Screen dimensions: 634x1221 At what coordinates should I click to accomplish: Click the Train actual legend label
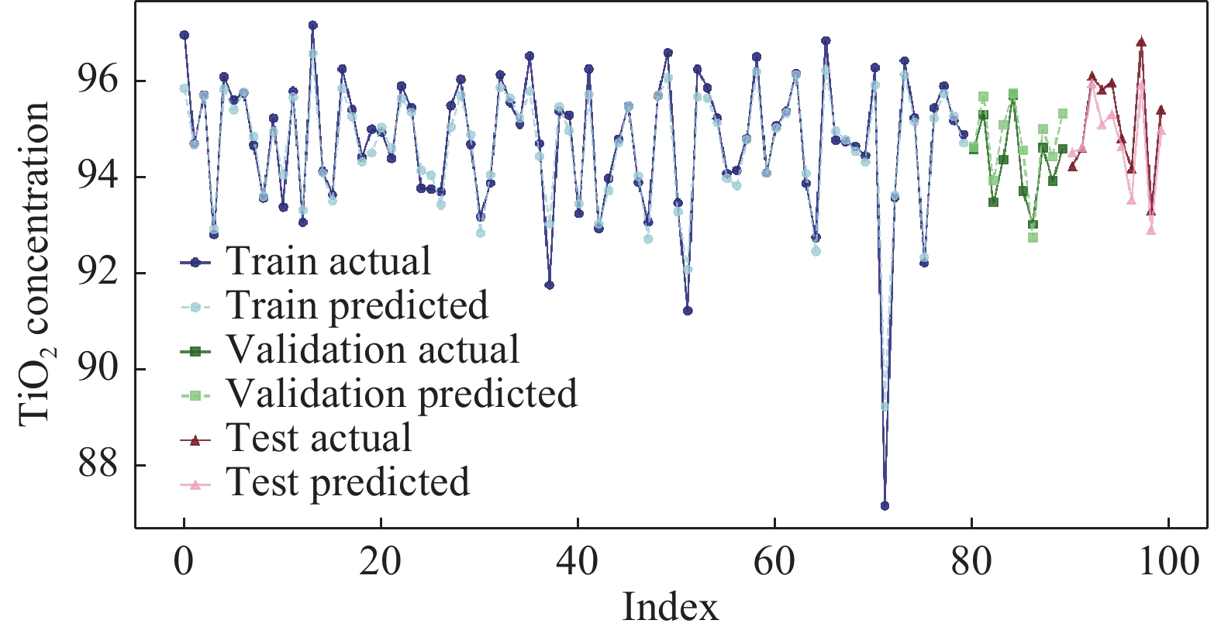[x=328, y=262]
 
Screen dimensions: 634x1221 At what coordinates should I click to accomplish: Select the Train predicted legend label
[x=357, y=306]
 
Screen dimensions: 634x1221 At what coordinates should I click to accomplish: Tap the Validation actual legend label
[x=372, y=350]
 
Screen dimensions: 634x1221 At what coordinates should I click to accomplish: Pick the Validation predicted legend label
[x=402, y=395]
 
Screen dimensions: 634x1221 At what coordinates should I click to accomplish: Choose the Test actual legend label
[x=319, y=439]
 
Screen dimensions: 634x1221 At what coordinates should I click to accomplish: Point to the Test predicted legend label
[x=347, y=483]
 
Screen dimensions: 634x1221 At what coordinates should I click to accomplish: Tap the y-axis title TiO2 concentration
[x=36, y=264]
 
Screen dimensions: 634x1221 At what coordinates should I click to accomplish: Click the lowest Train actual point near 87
[x=885, y=506]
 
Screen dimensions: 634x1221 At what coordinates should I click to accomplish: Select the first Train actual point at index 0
[x=184, y=35]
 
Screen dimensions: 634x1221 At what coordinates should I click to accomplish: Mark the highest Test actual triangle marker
[x=1141, y=42]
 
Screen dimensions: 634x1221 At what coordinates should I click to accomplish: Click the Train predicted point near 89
[x=885, y=406]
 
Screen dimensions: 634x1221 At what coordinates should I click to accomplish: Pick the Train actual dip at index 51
[x=687, y=311]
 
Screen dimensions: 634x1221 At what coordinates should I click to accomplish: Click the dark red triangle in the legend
[x=195, y=440]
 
